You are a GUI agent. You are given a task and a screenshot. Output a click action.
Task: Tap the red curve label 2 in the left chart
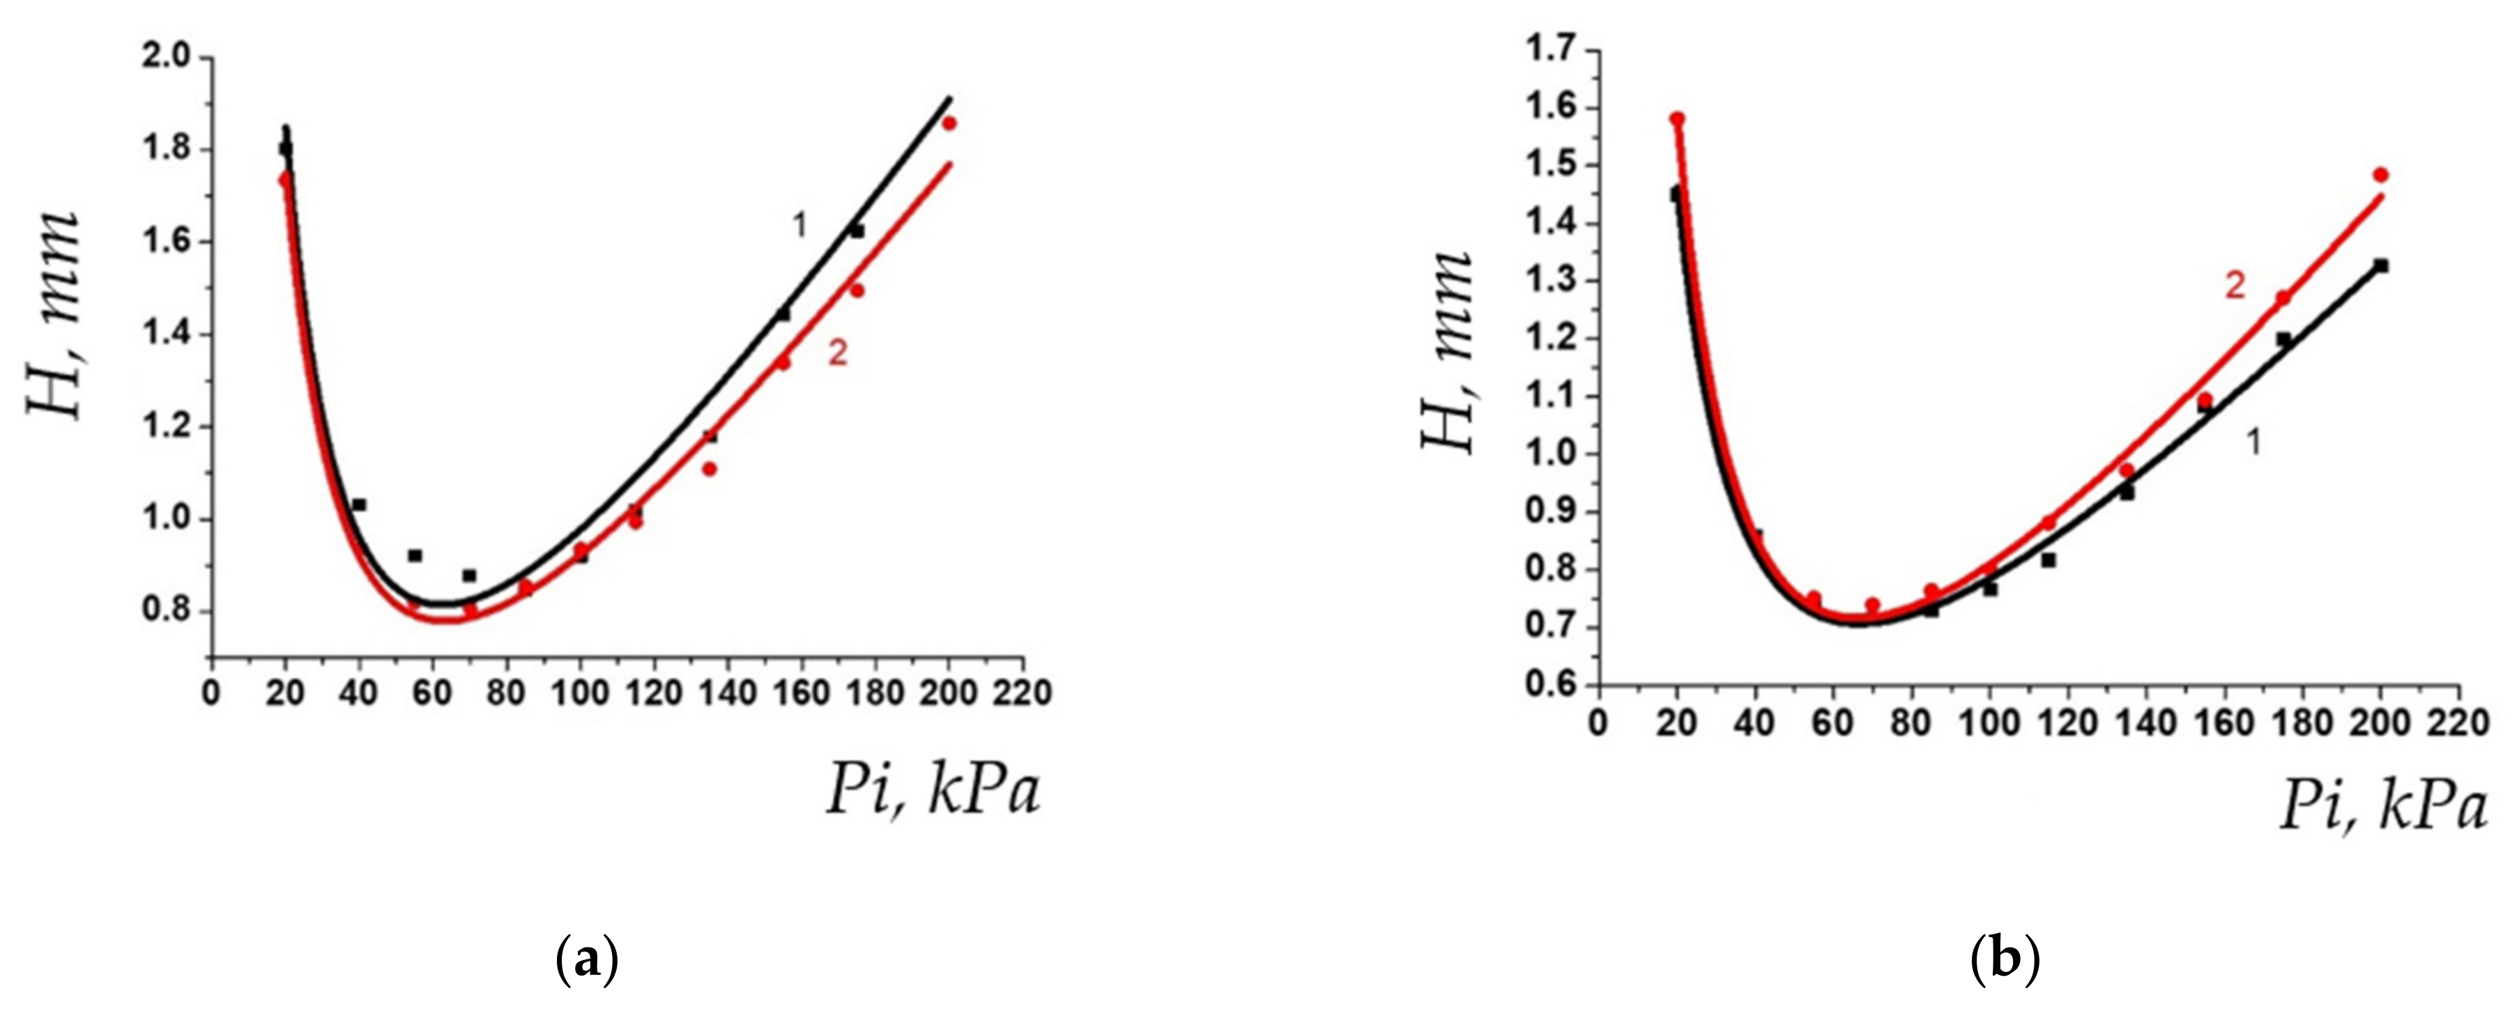(838, 354)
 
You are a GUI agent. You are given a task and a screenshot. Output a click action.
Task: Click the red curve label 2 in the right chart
(2235, 286)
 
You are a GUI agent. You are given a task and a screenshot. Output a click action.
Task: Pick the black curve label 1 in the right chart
(2254, 443)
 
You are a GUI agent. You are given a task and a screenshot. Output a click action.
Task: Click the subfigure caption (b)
(2005, 961)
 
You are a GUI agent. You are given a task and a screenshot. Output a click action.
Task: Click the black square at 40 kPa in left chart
(359, 504)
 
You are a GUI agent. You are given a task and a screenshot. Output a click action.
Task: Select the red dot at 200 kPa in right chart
(2381, 175)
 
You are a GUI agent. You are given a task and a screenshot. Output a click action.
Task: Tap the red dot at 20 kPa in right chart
(1677, 119)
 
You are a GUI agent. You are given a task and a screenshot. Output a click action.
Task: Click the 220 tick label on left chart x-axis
(1022, 693)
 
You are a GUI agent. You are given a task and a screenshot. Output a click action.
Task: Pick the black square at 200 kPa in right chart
(2381, 265)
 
